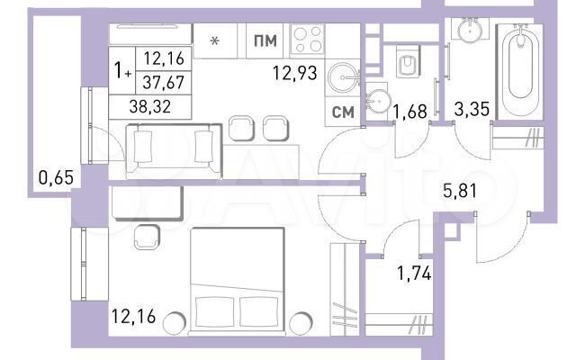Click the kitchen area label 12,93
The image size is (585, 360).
pyautogui.click(x=295, y=73)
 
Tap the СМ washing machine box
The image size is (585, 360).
pyautogui.click(x=342, y=112)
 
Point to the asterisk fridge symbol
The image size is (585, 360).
pyautogui.click(x=214, y=40)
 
